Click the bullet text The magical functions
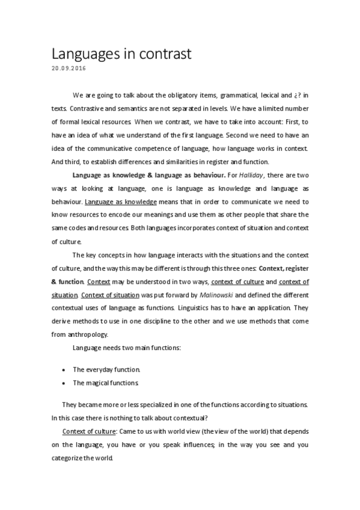106,382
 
